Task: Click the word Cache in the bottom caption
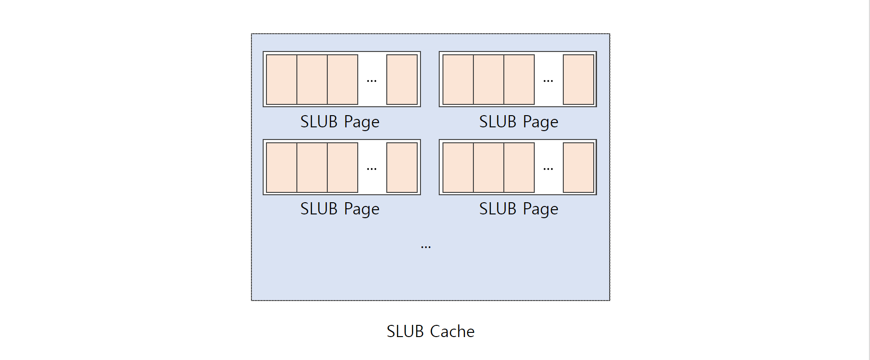(452, 331)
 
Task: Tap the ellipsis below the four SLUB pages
(426, 247)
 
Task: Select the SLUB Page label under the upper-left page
(339, 122)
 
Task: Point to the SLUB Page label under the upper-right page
(518, 122)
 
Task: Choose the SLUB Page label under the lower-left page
(339, 209)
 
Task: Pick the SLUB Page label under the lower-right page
(518, 209)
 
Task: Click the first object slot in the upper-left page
(281, 79)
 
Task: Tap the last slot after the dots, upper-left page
(402, 79)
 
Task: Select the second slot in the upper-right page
(488, 79)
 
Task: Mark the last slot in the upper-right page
(578, 79)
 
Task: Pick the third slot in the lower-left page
(342, 167)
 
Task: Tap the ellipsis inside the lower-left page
(372, 169)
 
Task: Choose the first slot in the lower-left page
(281, 167)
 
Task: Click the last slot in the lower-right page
(578, 167)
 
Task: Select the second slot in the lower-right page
(488, 167)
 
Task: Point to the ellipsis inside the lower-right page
(548, 169)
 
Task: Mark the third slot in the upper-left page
(342, 79)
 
